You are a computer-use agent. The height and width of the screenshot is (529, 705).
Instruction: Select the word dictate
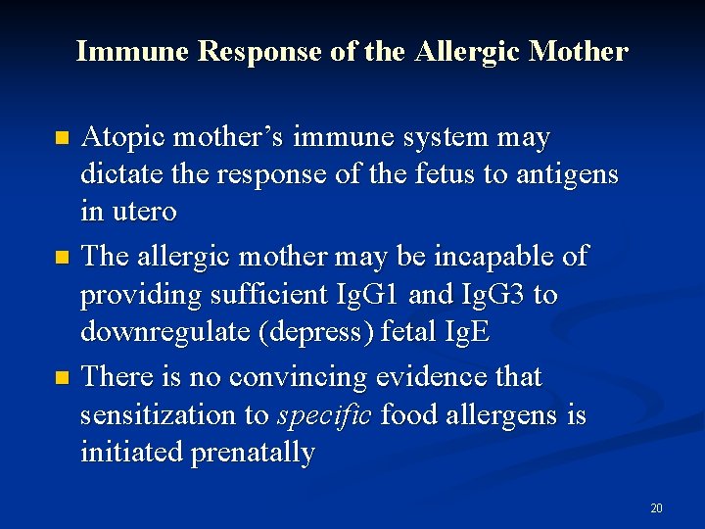click(119, 174)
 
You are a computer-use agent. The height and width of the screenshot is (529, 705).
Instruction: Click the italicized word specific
click(324, 416)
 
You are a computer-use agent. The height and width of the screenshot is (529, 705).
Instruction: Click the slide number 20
click(656, 507)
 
